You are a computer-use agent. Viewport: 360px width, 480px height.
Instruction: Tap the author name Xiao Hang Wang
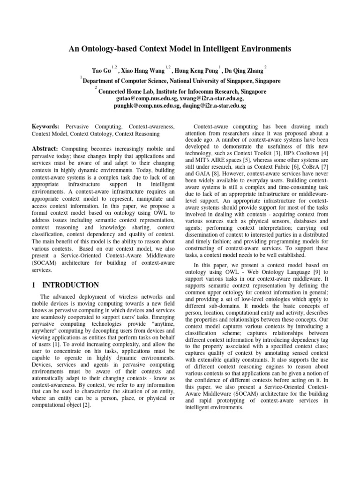coord(145,71)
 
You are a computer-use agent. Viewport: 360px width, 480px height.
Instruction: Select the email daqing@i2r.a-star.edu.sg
coord(214,106)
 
